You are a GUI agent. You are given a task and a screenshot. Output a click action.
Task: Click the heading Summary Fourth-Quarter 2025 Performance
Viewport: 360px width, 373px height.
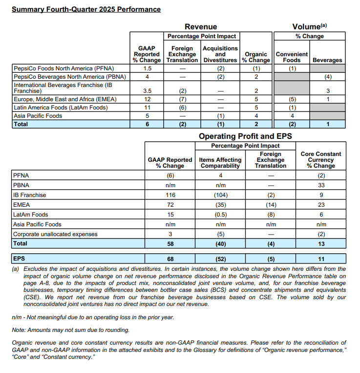coord(86,9)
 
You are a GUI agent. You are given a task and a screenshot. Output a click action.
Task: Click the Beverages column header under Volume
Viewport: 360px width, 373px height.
coord(327,60)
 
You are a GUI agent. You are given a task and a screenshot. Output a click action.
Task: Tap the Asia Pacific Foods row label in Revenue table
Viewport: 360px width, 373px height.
coord(38,116)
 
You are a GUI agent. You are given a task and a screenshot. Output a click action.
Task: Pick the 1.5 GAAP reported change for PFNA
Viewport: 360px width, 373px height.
coord(147,68)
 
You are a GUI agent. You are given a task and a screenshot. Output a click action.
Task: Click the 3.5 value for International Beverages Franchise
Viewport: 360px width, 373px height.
coord(147,91)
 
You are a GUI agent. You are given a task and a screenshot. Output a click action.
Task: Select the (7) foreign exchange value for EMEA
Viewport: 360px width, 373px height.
coord(182,99)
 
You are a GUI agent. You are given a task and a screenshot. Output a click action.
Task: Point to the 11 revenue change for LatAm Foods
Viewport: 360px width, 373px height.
coord(147,108)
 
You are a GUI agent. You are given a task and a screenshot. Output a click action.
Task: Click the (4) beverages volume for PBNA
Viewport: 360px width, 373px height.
coord(327,77)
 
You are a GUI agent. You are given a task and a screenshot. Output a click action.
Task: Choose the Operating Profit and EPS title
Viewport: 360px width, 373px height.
coord(245,136)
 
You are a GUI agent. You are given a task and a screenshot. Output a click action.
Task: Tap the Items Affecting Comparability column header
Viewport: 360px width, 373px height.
coord(220,163)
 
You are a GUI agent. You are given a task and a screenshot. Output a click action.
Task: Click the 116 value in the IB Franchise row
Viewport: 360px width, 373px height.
coord(169,195)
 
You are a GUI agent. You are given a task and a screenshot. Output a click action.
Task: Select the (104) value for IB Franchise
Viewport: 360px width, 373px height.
coord(220,195)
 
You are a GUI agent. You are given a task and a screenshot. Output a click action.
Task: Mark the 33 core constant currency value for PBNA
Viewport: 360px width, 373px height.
coord(321,185)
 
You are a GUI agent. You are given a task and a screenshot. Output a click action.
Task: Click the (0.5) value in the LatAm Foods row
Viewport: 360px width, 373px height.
coord(220,215)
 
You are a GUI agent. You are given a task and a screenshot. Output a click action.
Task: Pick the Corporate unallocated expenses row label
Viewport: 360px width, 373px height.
coord(55,234)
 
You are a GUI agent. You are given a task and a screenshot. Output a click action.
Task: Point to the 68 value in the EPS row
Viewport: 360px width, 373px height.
coord(169,258)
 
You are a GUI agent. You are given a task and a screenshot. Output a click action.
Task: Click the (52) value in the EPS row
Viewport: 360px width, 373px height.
coord(220,258)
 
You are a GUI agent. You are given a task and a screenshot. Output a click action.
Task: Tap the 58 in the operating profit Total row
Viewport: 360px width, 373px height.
coord(169,243)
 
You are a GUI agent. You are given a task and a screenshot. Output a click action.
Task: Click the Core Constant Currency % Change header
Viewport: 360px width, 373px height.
coord(321,160)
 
